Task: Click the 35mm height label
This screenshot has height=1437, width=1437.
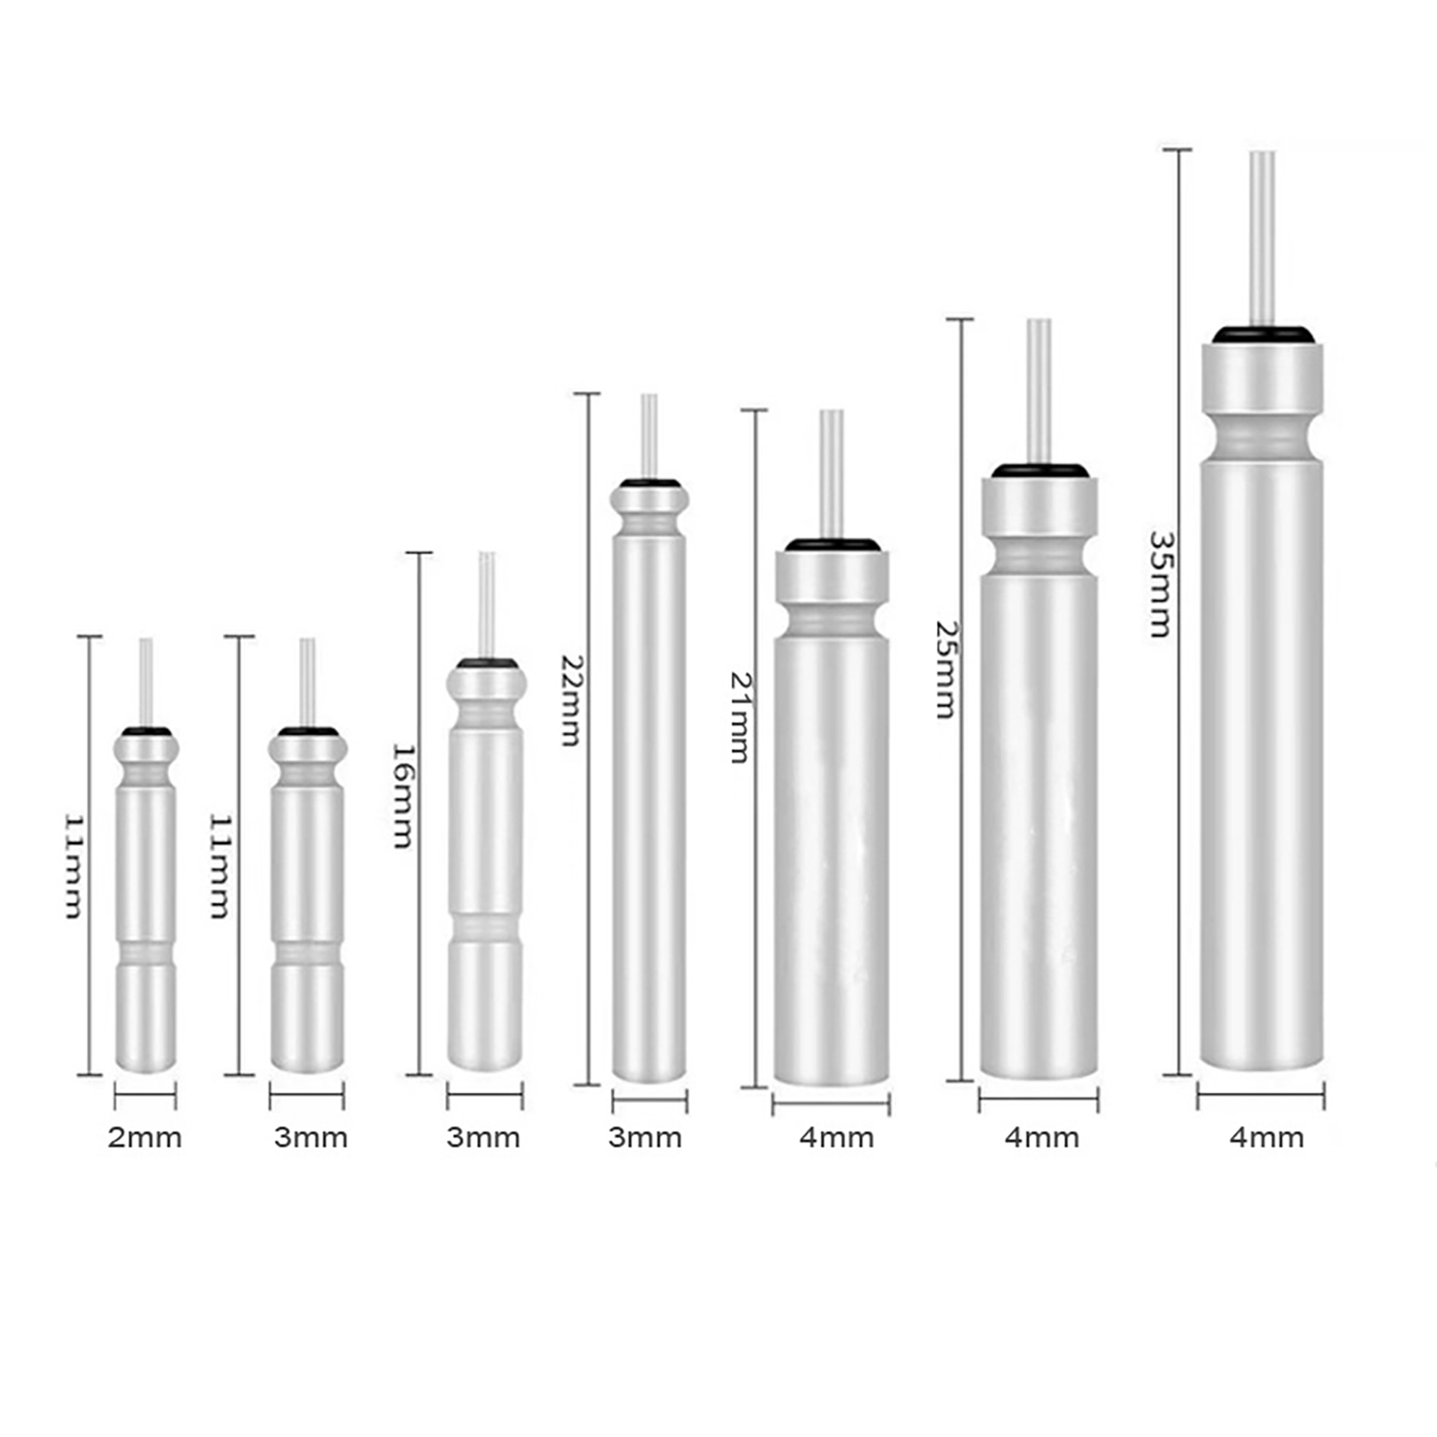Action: tap(1160, 584)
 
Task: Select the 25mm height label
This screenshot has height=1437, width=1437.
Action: tap(945, 669)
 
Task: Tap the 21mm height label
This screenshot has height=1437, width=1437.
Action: tap(740, 718)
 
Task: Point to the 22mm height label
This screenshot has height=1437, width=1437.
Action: tap(571, 700)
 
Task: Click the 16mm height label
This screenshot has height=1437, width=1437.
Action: tap(403, 796)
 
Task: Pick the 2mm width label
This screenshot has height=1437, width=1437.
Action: tap(145, 1138)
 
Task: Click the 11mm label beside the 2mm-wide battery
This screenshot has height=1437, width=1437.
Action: tap(75, 867)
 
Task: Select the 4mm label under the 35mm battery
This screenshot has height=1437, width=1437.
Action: tap(1266, 1138)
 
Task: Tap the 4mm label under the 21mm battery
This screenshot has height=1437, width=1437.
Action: tap(837, 1138)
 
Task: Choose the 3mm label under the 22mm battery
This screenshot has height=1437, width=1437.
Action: tap(645, 1138)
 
